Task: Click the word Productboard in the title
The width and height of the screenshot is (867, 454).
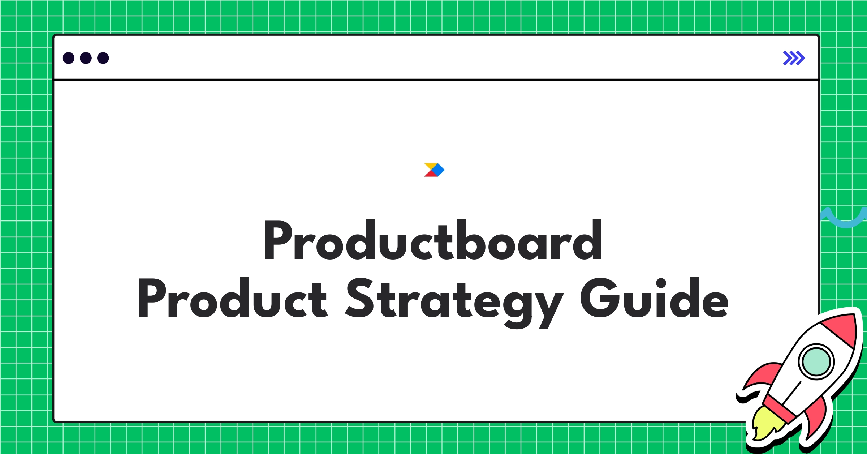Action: point(433,240)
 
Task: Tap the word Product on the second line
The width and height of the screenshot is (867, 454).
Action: point(233,297)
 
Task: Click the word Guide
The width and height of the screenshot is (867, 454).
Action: point(654,297)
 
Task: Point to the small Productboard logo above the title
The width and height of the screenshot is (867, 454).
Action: point(434,170)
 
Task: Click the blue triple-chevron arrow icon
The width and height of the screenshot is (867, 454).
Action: point(794,58)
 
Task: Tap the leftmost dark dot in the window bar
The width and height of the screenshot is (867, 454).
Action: point(69,58)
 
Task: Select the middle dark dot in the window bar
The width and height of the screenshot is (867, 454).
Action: point(86,58)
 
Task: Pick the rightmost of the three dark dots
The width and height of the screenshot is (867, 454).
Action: point(103,58)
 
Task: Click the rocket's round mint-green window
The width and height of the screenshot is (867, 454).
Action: point(816,361)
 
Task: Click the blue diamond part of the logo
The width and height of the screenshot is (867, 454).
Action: point(439,170)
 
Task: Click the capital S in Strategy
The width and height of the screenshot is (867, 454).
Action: point(359,298)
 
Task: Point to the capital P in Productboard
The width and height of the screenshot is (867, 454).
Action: point(278,240)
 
